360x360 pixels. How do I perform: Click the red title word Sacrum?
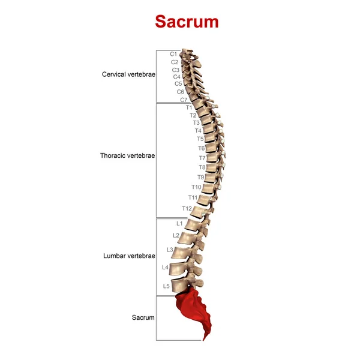tap(187, 22)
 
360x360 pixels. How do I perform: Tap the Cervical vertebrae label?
tap(128, 75)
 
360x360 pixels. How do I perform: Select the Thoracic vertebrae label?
tap(127, 155)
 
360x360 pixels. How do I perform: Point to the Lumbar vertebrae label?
tap(128, 256)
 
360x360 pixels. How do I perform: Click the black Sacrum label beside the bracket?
tap(143, 317)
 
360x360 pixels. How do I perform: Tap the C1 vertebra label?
tap(173, 54)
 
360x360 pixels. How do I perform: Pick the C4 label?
tap(177, 77)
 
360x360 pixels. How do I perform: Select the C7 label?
tap(184, 100)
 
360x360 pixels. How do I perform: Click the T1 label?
tap(189, 107)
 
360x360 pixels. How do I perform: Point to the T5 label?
tap(200, 139)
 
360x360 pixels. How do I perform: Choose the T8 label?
tap(202, 167)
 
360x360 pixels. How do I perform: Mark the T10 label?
tap(197, 187)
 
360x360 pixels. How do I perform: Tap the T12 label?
tap(187, 208)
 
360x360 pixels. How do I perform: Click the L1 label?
tap(179, 223)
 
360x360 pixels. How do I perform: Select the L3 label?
tap(170, 249)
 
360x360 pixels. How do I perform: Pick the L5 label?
tap(166, 286)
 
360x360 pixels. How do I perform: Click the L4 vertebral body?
tap(179, 268)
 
